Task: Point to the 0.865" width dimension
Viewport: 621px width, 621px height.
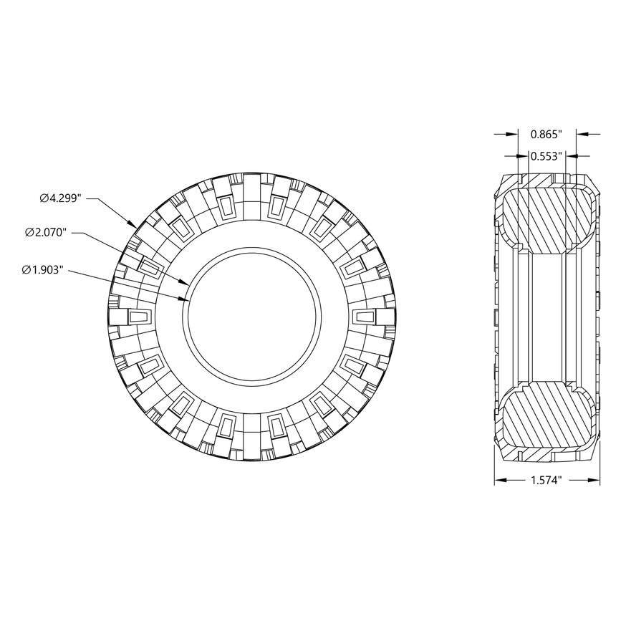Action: click(547, 134)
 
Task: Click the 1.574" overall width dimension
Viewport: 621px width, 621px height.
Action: click(547, 481)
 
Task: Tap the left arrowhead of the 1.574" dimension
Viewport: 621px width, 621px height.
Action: click(499, 481)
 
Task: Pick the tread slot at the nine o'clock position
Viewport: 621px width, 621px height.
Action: click(138, 316)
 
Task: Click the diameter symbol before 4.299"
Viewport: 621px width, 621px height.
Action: click(44, 197)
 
